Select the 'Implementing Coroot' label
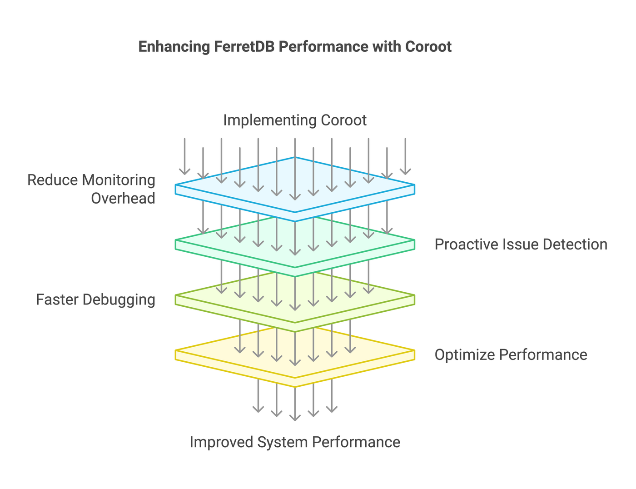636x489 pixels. (x=295, y=120)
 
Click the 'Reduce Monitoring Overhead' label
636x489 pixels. (x=91, y=189)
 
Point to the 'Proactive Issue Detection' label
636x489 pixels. (x=521, y=244)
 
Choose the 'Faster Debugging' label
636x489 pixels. (x=95, y=300)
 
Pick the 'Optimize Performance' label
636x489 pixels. (x=511, y=354)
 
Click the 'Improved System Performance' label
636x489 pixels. (x=295, y=442)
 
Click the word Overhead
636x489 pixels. (x=123, y=199)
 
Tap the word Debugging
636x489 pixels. (x=119, y=300)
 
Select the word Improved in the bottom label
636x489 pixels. (x=221, y=442)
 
